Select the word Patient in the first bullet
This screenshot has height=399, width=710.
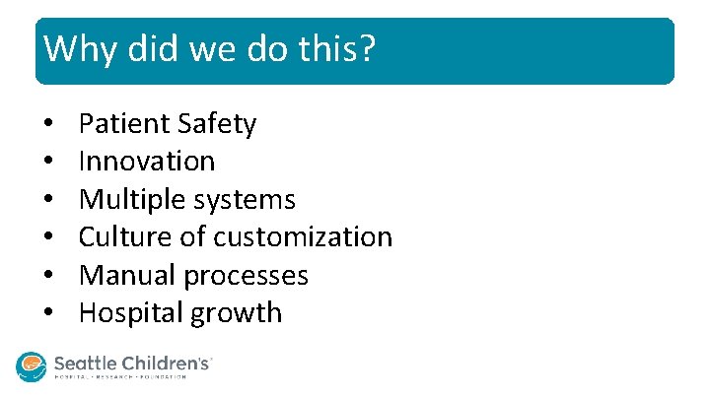click(x=124, y=124)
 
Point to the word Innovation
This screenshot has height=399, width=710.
click(x=147, y=162)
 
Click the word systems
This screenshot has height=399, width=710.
click(x=246, y=200)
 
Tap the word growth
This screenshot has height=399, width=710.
click(x=242, y=314)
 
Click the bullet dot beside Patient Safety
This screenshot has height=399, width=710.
click(x=48, y=125)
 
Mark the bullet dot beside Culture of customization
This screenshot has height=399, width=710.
click(x=48, y=238)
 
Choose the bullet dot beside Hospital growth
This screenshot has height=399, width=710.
click(x=48, y=314)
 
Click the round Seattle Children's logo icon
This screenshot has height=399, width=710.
click(x=32, y=366)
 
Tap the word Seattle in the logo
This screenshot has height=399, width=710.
click(x=87, y=364)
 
